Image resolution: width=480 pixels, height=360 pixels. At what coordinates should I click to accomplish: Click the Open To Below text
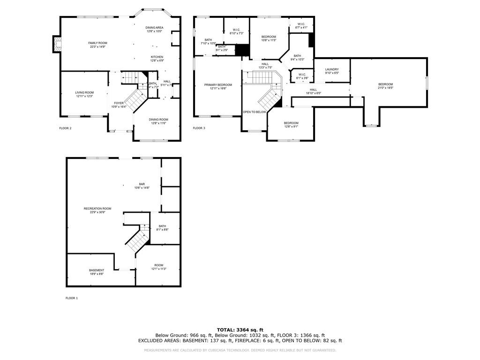point(254,112)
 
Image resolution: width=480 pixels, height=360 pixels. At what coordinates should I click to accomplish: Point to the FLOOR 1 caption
point(72,298)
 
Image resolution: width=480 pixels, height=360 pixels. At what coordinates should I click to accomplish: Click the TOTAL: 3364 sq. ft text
point(240,330)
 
